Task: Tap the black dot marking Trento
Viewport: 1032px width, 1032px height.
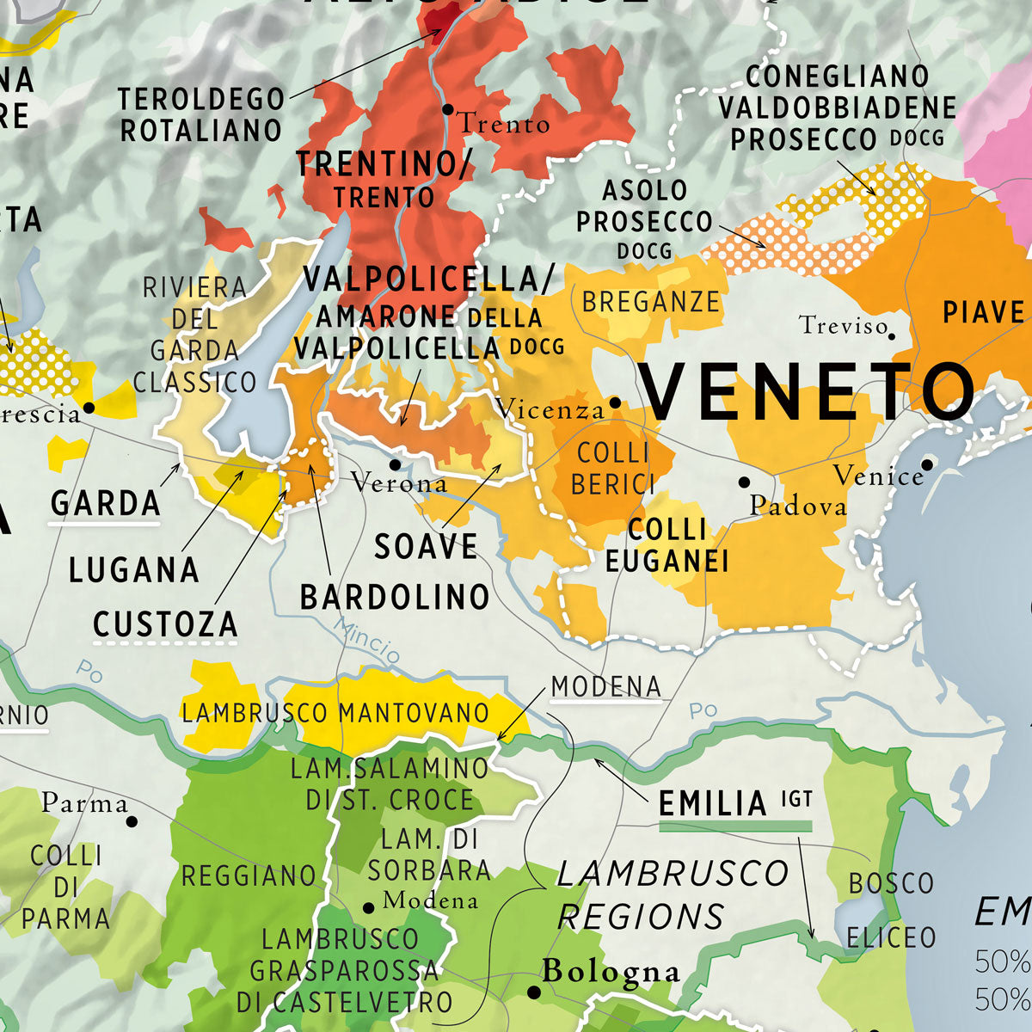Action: point(447,109)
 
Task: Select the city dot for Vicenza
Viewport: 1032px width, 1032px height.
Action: point(615,402)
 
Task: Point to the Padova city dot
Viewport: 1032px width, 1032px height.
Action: point(744,482)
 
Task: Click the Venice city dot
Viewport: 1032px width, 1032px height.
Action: point(927,464)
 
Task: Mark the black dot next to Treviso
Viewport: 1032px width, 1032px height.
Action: point(892,336)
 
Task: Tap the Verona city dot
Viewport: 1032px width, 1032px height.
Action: point(395,464)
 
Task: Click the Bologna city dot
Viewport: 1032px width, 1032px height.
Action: point(533,992)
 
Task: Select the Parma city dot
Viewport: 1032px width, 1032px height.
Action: point(132,821)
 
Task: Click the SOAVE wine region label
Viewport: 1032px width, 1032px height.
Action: point(426,547)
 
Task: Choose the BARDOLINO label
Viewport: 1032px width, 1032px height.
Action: point(395,597)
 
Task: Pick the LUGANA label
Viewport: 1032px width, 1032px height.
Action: point(133,570)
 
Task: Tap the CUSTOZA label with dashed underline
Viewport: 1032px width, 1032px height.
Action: point(165,624)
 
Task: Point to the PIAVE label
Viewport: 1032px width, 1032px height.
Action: point(983,312)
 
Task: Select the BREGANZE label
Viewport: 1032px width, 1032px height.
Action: point(650,302)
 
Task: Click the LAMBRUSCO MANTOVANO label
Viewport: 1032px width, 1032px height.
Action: point(335,713)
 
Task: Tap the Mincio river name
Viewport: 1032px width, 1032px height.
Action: point(367,639)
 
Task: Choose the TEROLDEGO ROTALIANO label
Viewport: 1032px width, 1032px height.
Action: point(200,114)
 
